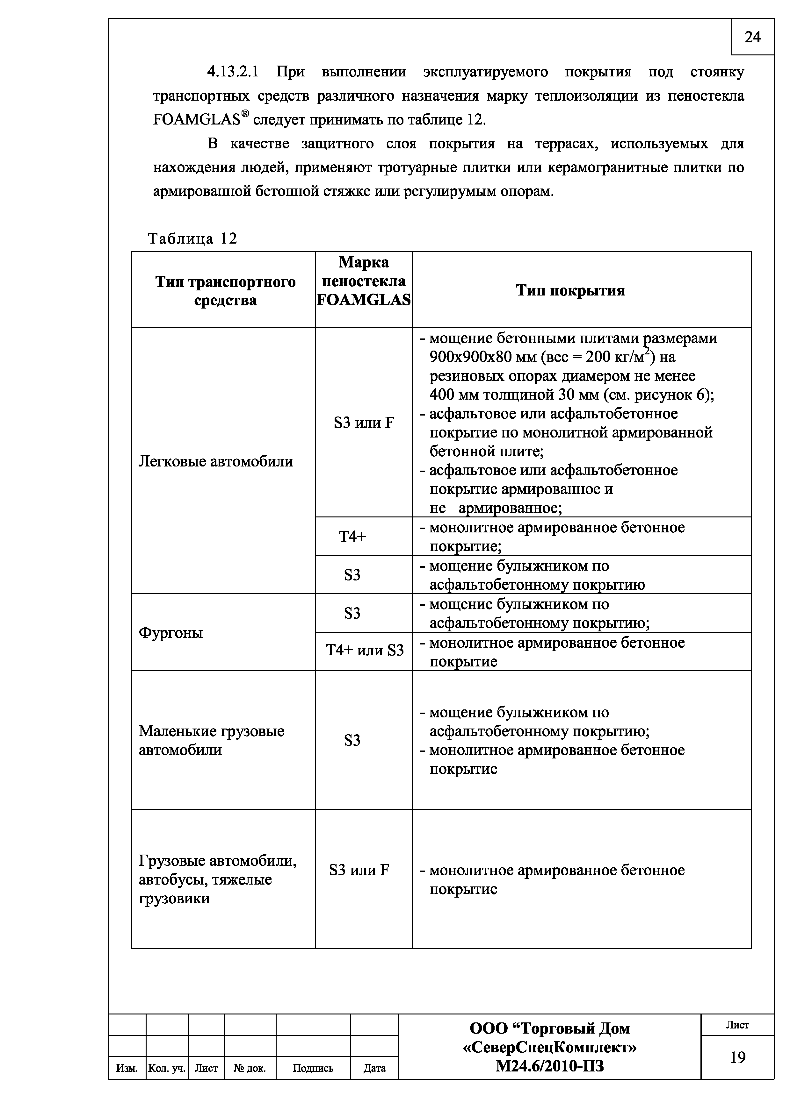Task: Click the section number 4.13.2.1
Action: (232, 72)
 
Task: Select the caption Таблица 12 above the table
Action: (192, 238)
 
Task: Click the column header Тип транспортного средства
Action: (225, 290)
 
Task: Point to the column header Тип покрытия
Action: (570, 290)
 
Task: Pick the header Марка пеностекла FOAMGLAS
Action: (364, 281)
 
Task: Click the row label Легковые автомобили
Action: (216, 461)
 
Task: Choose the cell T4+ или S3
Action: (365, 651)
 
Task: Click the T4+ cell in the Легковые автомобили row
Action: (352, 537)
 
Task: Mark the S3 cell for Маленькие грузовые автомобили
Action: (352, 740)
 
